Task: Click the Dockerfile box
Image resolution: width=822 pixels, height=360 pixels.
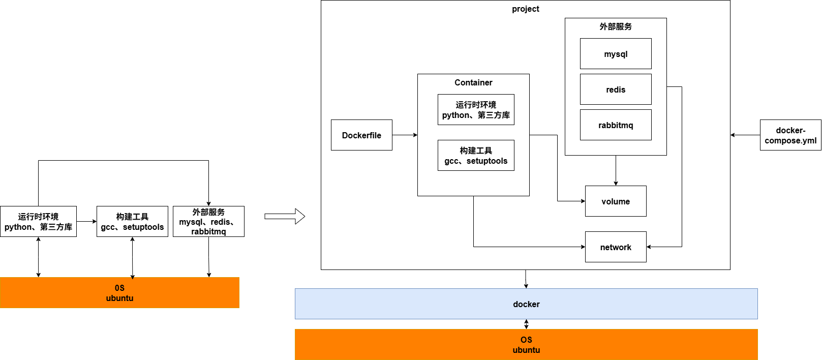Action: [x=361, y=135]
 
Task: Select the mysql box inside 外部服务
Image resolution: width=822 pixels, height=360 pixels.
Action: [x=616, y=54]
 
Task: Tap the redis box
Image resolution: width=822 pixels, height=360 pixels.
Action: [x=616, y=89]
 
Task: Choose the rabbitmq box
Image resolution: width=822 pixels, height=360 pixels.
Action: [x=616, y=125]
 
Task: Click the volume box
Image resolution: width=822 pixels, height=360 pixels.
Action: [x=616, y=201]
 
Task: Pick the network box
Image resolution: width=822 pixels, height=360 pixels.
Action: [x=616, y=247]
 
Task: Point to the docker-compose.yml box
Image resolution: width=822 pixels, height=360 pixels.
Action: [x=790, y=135]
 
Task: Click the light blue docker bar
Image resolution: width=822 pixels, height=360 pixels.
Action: [x=526, y=304]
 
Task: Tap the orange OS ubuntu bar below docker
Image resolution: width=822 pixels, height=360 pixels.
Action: [x=526, y=345]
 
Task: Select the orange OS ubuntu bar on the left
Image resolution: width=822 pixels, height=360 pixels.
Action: [x=119, y=293]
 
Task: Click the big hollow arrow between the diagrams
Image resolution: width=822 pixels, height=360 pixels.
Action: [x=285, y=217]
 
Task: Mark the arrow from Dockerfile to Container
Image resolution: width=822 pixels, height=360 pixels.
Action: [x=405, y=135]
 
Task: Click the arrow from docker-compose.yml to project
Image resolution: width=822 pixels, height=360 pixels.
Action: [x=745, y=135]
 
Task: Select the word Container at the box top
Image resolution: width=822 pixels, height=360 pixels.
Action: [x=473, y=82]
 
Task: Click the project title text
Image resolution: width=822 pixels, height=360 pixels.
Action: [x=525, y=9]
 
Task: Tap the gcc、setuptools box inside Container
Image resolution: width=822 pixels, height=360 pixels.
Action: [x=476, y=156]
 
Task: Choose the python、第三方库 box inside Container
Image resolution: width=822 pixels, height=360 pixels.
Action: [x=476, y=110]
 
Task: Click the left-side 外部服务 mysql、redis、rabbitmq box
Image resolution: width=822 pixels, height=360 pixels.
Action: [x=208, y=222]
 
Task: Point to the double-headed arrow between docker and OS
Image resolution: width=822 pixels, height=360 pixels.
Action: [x=526, y=324]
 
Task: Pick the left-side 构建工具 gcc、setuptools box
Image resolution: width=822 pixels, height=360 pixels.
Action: [x=132, y=222]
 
